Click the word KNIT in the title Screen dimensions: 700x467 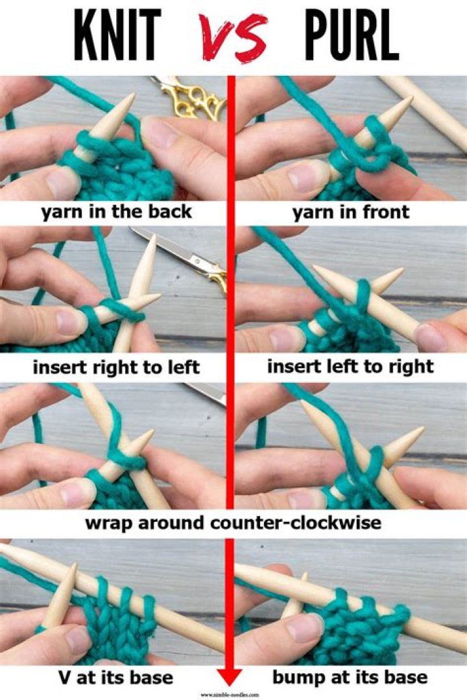coord(117,36)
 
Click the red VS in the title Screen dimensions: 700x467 coord(233,37)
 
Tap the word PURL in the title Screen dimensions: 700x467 coord(351,36)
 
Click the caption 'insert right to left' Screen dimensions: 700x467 coord(116,368)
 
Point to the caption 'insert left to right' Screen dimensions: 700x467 coord(350,367)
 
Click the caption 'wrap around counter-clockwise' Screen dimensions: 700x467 coord(233,523)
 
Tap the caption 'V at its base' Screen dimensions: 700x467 coord(116,678)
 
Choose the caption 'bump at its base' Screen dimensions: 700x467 coord(350,678)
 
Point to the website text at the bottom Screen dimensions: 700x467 coord(230,694)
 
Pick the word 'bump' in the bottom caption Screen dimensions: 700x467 coord(297,679)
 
